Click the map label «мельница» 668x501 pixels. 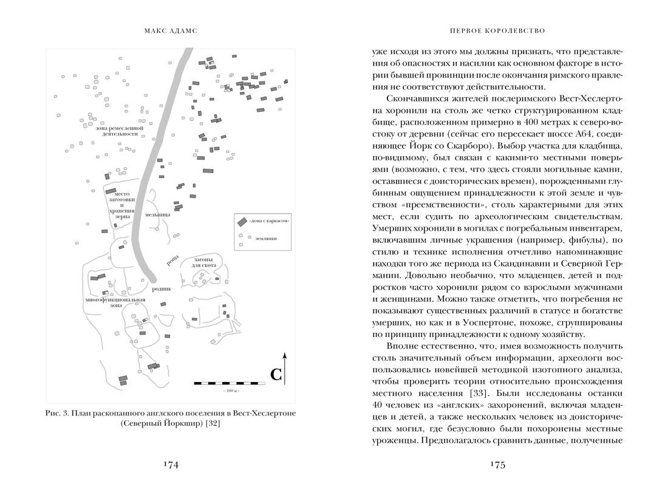click(x=158, y=215)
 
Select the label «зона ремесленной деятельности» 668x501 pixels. click(x=120, y=132)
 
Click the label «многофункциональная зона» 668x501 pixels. click(x=115, y=303)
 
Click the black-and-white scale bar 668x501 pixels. click(x=230, y=383)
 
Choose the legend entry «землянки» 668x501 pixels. click(x=259, y=239)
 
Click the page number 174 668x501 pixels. click(x=170, y=465)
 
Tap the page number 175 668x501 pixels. click(x=497, y=465)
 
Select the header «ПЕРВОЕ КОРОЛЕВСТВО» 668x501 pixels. click(x=497, y=30)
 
